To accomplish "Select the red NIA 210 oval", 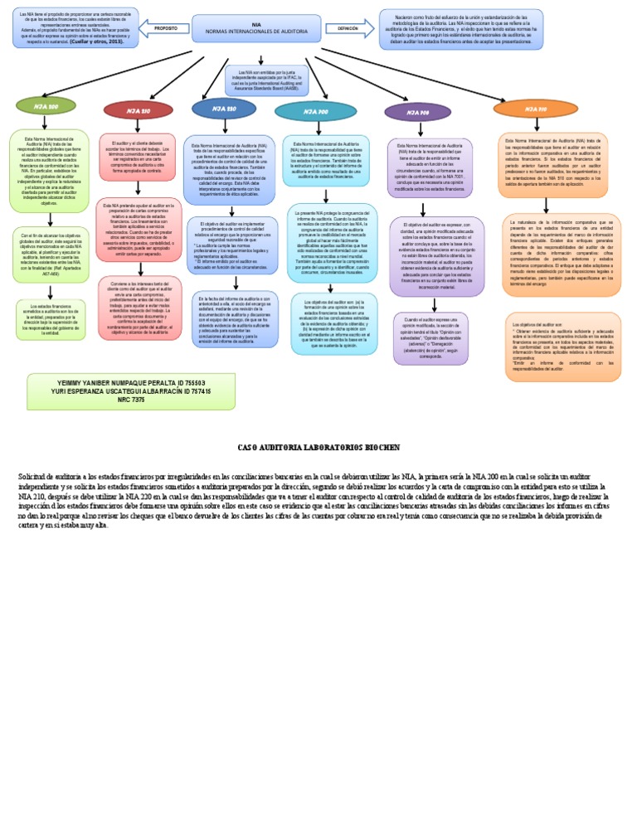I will [x=138, y=110].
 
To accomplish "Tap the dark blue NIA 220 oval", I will [x=224, y=108].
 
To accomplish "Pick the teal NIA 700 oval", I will [x=315, y=110].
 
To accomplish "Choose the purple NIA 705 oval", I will [x=418, y=112].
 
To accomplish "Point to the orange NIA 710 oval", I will [x=535, y=108].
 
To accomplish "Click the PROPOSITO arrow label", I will [x=167, y=29].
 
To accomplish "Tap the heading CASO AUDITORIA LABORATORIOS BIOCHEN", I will [x=318, y=447].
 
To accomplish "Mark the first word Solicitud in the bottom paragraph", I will [x=34, y=477].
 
